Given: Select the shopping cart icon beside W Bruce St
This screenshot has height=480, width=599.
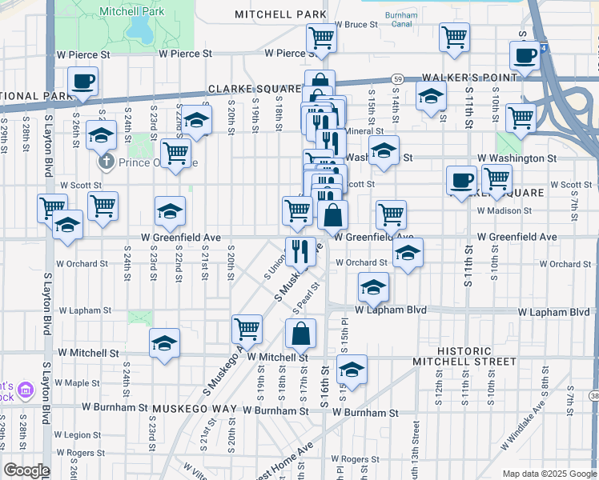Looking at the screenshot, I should pyautogui.click(x=320, y=37).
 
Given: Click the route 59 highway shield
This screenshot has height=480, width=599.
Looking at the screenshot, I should pyautogui.click(x=397, y=78).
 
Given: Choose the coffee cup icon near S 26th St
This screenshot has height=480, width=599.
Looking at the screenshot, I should pyautogui.click(x=83, y=81).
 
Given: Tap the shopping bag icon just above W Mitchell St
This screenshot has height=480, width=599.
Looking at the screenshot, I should pyautogui.click(x=300, y=334).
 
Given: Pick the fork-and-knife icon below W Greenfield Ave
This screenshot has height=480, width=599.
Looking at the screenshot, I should pyautogui.click(x=300, y=250).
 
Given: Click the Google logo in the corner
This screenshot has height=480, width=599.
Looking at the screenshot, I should pyautogui.click(x=26, y=470).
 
